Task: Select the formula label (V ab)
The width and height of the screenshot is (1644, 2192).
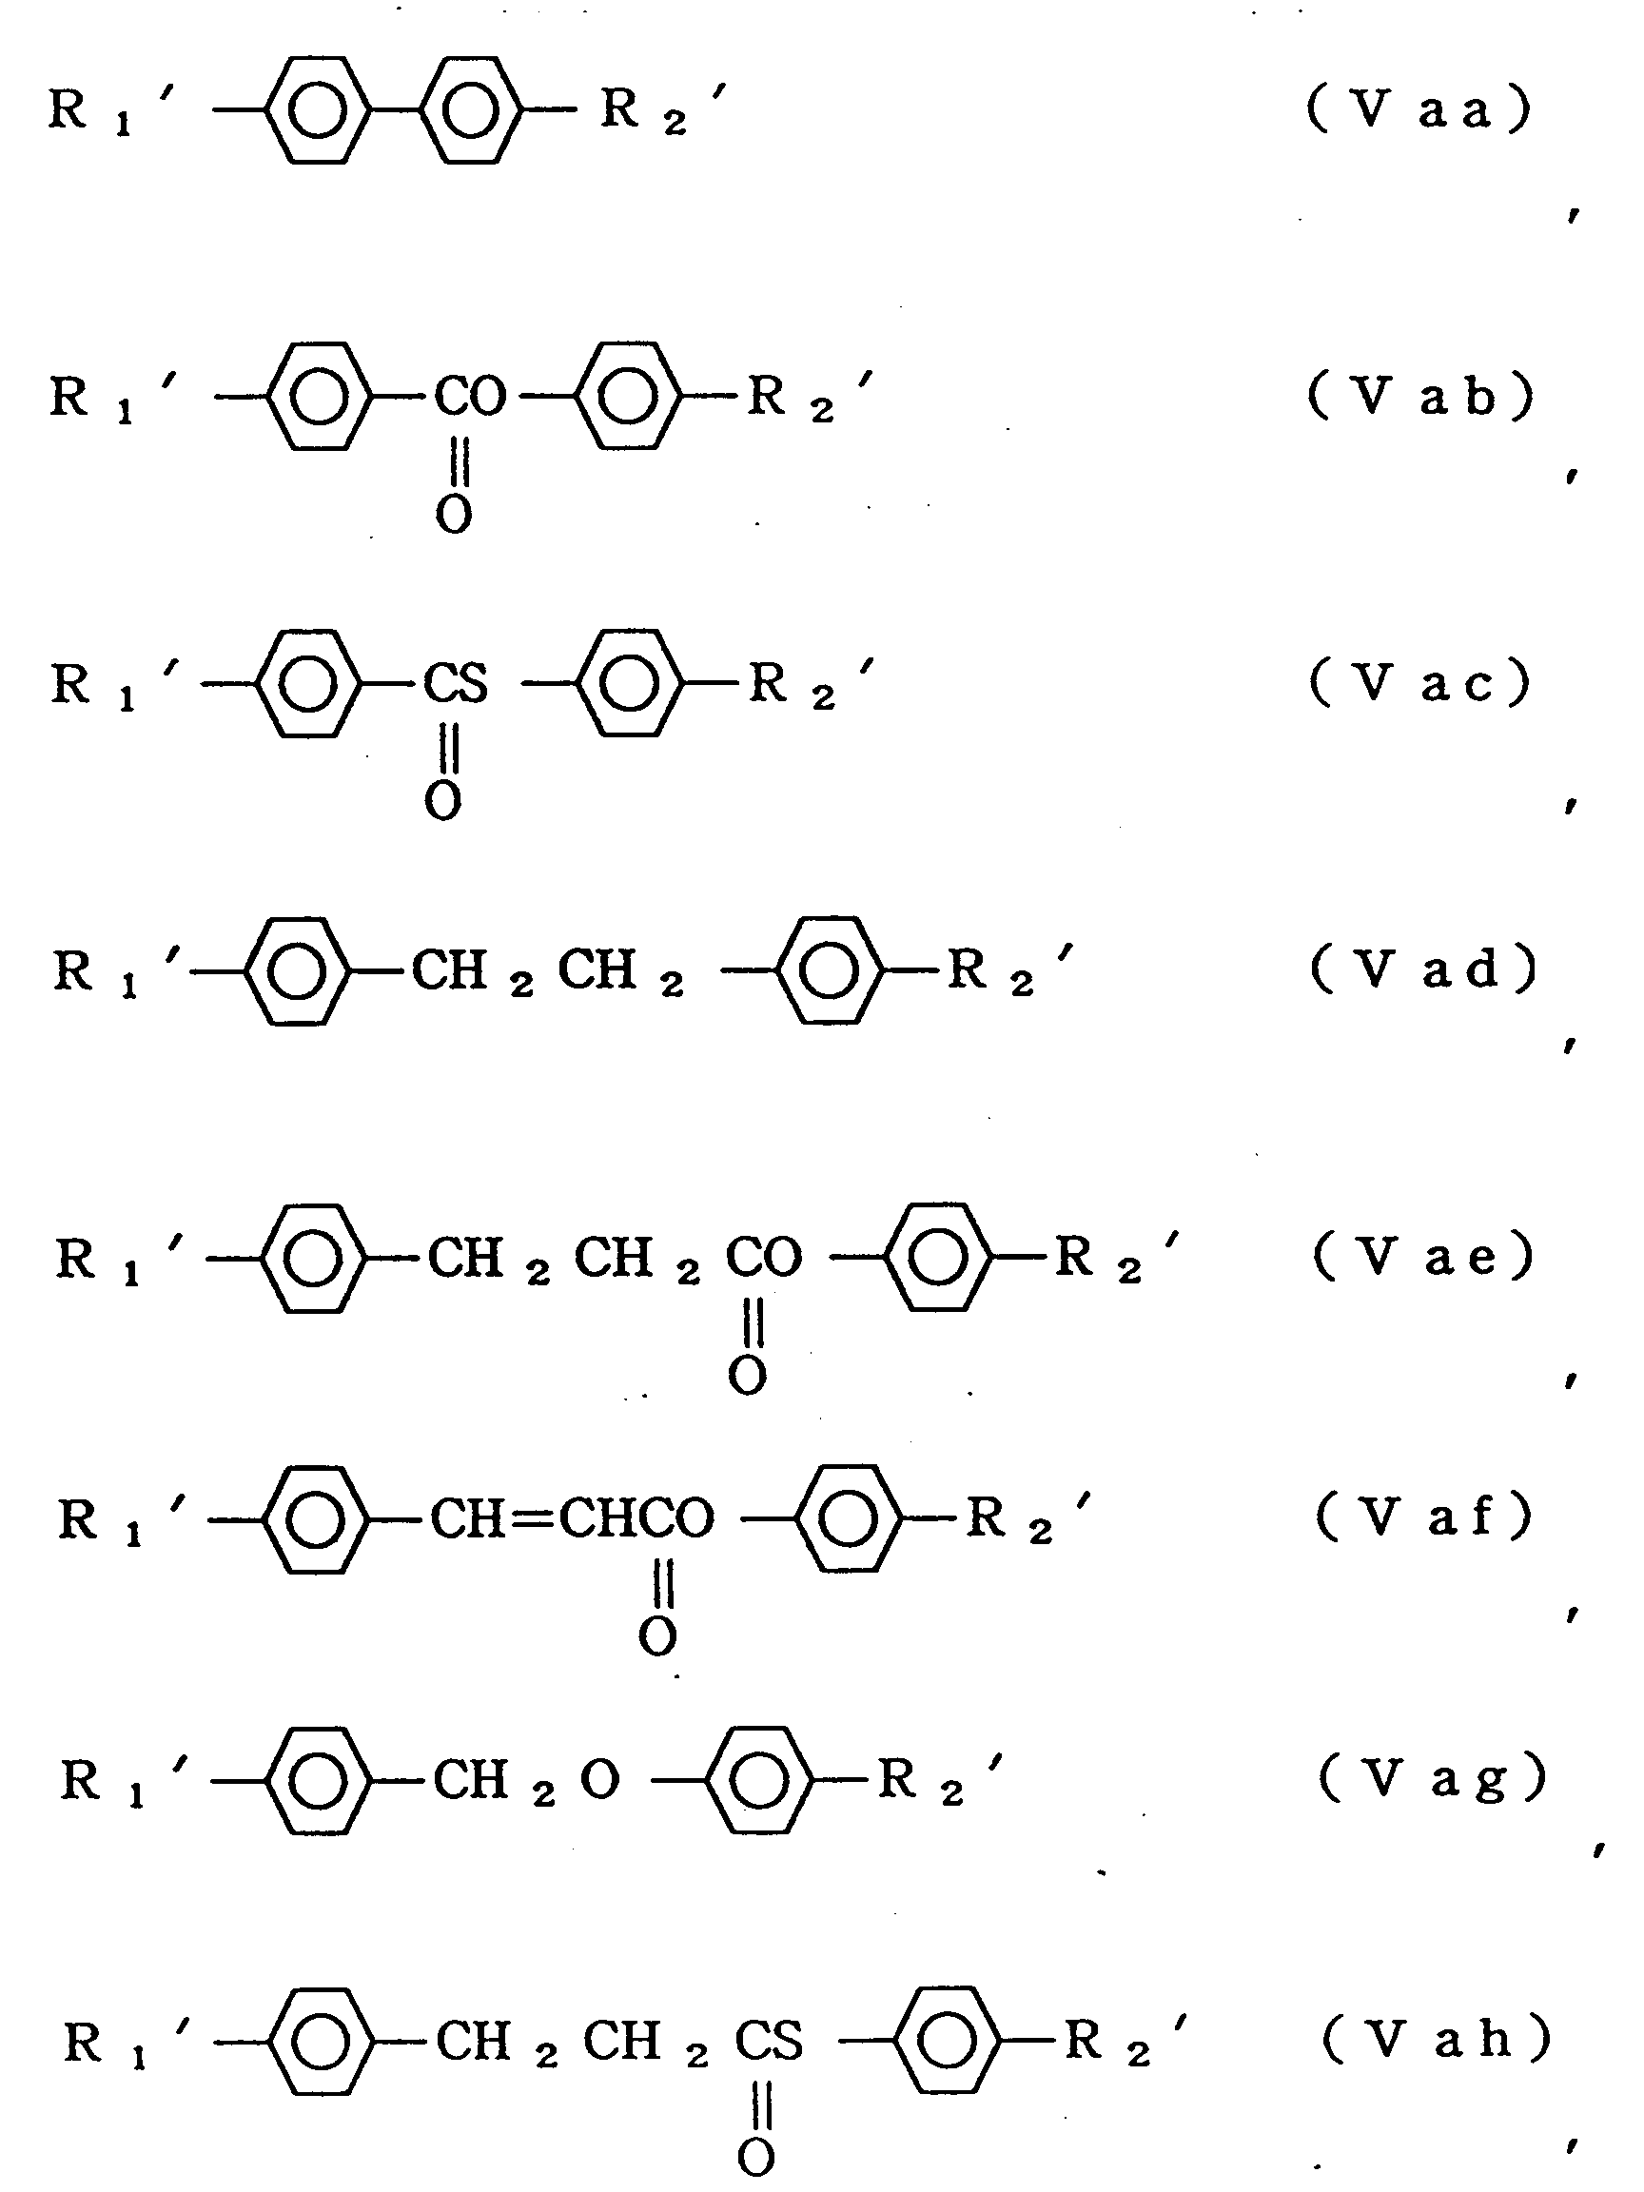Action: tap(1420, 397)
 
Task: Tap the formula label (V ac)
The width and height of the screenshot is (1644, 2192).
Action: tap(1420, 683)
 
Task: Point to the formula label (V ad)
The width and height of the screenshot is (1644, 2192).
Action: tap(1423, 969)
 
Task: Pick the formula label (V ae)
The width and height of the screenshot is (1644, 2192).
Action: tap(1423, 1256)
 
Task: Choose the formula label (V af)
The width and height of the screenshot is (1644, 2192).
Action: tap(1423, 1517)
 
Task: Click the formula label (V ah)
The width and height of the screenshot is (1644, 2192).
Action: tap(1435, 2040)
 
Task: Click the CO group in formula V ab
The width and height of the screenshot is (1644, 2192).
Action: tap(471, 398)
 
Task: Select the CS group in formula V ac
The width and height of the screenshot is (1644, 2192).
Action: tap(456, 684)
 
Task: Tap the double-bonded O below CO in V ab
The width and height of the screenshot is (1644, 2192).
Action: tap(454, 515)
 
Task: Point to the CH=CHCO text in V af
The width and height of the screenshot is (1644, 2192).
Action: tap(572, 1518)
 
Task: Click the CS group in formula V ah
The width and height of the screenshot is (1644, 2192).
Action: tap(769, 2041)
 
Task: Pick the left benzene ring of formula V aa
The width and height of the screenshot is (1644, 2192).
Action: tap(316, 109)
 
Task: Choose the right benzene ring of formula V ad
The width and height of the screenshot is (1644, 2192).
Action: tap(829, 970)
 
